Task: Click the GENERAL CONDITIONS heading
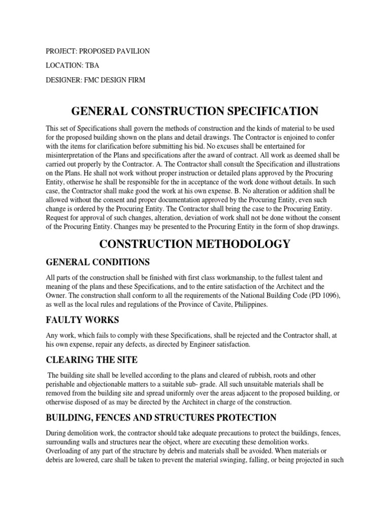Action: tap(97, 262)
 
